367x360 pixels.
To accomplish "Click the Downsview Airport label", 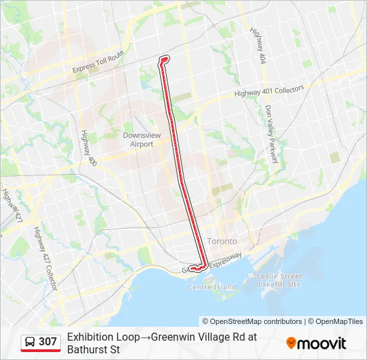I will (137, 139).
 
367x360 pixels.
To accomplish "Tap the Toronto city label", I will (222, 241).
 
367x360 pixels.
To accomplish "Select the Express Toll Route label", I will (99, 61).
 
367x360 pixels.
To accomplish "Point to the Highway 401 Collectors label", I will (269, 91).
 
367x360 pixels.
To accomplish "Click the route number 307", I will (48, 342).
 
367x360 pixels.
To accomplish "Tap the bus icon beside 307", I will (31, 342).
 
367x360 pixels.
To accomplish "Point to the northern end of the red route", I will (163, 59).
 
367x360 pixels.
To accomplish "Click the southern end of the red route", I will (193, 269).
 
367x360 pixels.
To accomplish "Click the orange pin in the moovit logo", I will (291, 343).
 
